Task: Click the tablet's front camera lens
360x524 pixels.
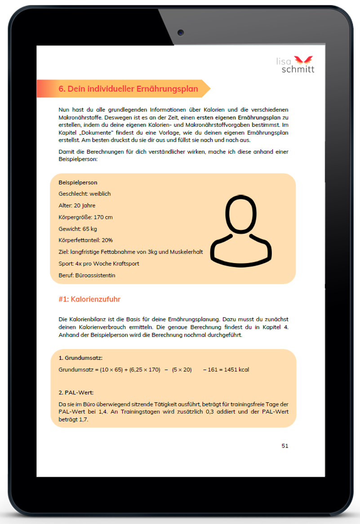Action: click(180, 32)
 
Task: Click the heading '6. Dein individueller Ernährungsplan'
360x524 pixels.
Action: click(129, 89)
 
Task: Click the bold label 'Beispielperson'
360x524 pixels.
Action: click(78, 182)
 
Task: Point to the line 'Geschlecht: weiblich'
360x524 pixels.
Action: click(84, 194)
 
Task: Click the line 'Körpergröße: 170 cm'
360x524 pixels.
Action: click(85, 217)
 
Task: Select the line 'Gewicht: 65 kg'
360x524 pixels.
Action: click(78, 229)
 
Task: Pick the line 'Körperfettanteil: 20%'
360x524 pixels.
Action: click(86, 240)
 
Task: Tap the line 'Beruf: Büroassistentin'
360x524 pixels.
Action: click(87, 275)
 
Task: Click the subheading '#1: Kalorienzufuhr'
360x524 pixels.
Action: click(89, 299)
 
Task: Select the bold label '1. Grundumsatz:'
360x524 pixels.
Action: click(80, 358)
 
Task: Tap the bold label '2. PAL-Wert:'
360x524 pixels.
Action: click(76, 393)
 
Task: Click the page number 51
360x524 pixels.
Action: click(285, 446)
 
